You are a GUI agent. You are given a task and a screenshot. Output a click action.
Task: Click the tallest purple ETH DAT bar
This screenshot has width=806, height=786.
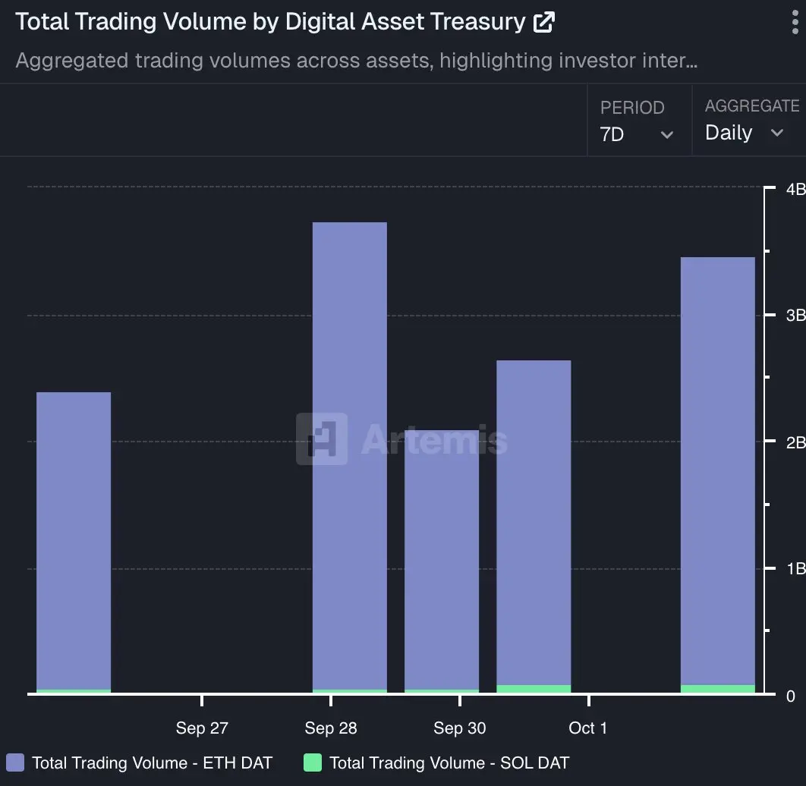[x=350, y=455]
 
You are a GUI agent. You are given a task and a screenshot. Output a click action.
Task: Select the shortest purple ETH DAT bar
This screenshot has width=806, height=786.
[x=442, y=561]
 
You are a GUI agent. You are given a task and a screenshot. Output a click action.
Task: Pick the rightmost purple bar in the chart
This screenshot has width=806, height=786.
[x=718, y=470]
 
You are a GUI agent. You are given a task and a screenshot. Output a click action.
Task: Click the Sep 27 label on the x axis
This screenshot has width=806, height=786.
[x=202, y=728]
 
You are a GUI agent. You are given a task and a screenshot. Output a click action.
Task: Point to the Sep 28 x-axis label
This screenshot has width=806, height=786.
[x=331, y=728]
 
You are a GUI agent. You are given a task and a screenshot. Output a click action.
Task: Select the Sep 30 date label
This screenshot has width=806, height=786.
[x=460, y=728]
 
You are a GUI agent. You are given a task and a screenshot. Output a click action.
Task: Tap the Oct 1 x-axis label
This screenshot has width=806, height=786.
[x=588, y=728]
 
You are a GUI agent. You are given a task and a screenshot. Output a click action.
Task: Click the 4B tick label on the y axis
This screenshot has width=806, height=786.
[x=795, y=189]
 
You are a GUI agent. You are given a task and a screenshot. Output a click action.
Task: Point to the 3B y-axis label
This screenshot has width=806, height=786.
[x=795, y=316]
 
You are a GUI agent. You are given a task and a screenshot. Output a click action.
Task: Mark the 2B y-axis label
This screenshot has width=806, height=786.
[x=795, y=442]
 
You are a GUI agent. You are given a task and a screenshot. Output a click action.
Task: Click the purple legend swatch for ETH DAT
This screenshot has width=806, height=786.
[x=15, y=763]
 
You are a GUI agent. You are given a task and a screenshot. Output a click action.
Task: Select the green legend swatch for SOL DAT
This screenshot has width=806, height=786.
[x=312, y=763]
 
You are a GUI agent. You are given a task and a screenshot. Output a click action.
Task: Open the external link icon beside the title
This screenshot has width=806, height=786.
[x=544, y=22]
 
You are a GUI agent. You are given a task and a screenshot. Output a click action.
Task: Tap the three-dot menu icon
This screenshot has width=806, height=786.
[x=795, y=22]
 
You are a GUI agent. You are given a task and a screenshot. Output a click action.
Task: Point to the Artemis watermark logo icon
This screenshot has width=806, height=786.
[x=322, y=439]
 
